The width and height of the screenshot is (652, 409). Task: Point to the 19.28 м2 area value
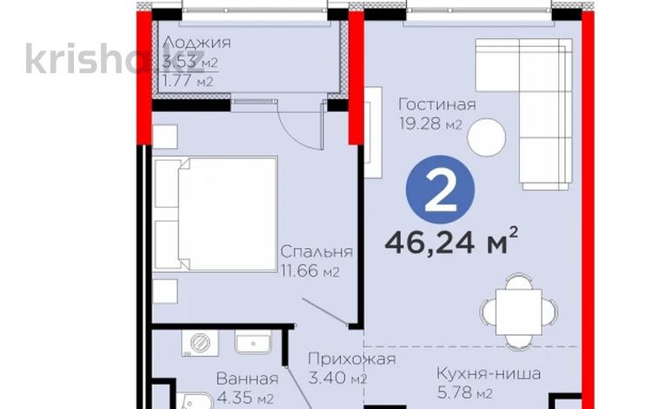pyautogui.click(x=429, y=125)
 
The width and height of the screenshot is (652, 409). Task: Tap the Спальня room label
pyautogui.click(x=316, y=251)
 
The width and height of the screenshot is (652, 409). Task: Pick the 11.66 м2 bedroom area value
pyautogui.click(x=309, y=272)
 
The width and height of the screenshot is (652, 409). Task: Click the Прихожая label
pyautogui.click(x=353, y=359)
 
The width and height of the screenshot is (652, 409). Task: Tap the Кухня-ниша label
pyautogui.click(x=489, y=374)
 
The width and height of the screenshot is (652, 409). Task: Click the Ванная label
pyautogui.click(x=248, y=379)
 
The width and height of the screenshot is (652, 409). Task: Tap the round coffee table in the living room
pyautogui.click(x=486, y=136)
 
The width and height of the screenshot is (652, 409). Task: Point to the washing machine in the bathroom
pyautogui.click(x=197, y=343)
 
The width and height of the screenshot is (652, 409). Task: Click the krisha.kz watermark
pyautogui.click(x=87, y=59)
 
